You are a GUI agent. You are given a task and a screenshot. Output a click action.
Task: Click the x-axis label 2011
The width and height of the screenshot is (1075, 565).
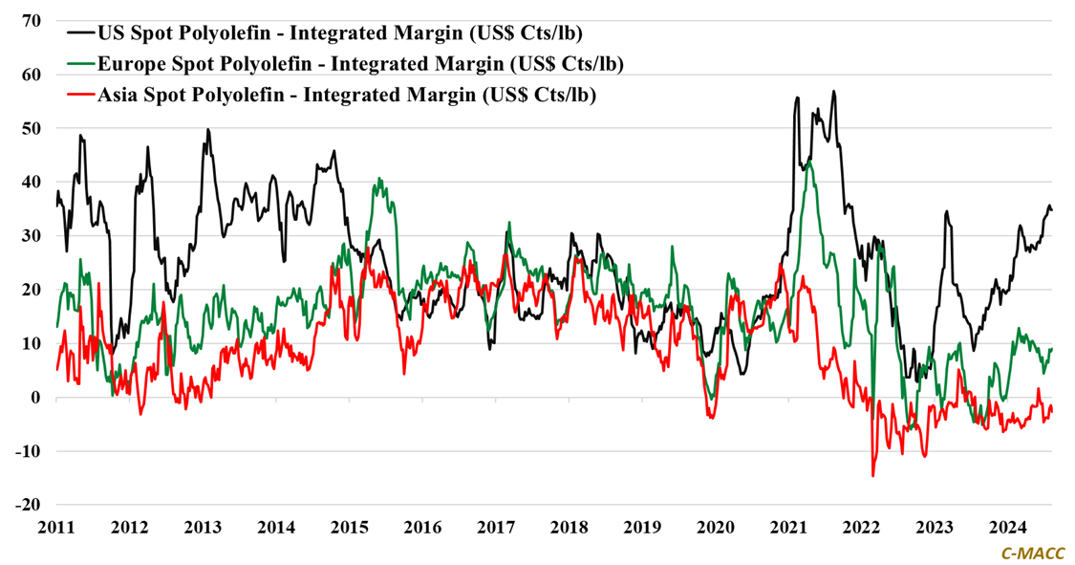pos(55,528)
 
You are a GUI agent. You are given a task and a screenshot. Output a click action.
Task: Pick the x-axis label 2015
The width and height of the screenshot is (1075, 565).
pos(349,528)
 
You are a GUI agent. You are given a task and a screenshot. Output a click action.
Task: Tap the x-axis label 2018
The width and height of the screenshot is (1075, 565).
pos(570,528)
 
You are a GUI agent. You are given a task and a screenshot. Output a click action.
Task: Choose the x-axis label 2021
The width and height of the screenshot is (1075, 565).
pos(789,528)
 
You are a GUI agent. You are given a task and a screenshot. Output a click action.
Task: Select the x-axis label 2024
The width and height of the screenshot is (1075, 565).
pos(1008,528)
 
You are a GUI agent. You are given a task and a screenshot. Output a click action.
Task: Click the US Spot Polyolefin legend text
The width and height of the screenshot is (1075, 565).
pos(340,33)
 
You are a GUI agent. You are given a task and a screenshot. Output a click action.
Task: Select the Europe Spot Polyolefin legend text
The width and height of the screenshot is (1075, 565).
pos(360,65)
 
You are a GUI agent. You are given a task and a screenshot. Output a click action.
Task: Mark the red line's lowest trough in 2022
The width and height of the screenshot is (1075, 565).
pos(872,475)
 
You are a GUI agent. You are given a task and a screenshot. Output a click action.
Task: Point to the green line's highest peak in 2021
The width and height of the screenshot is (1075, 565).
pos(809,163)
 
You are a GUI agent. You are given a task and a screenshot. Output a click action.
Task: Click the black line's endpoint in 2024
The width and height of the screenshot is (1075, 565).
pos(1052,209)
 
